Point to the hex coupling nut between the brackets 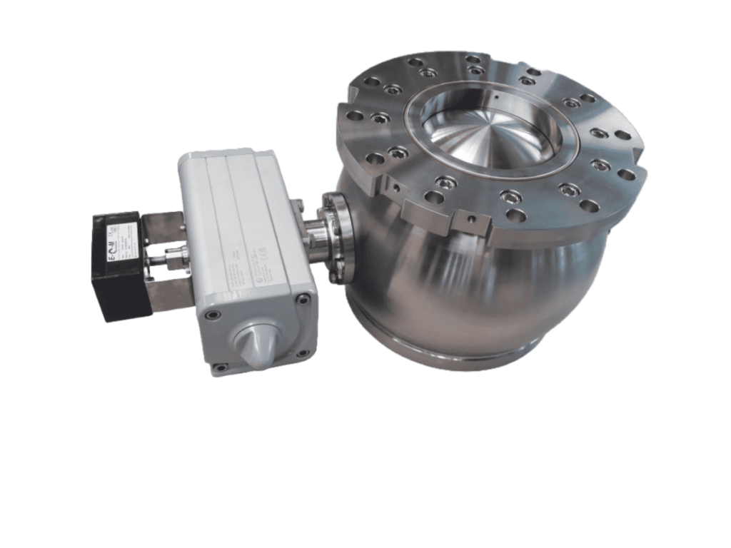click(174, 259)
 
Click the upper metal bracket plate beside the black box click(166, 227)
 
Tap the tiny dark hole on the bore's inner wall click(493, 92)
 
